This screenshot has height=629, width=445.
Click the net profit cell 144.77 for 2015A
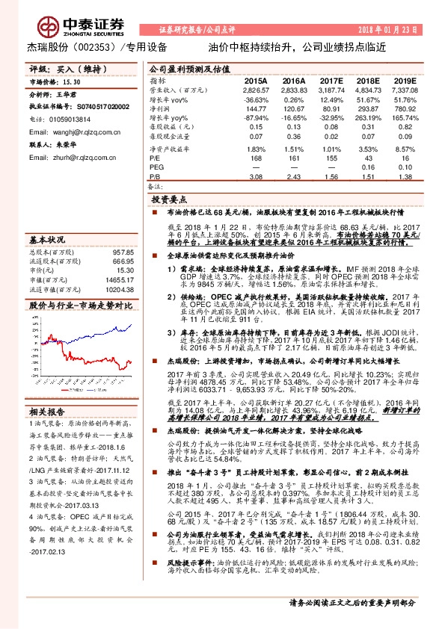[255, 108]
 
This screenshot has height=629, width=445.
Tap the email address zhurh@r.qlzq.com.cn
[78, 158]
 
